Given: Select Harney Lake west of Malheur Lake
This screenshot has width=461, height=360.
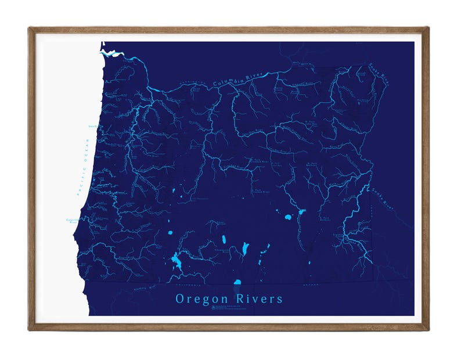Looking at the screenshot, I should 287,218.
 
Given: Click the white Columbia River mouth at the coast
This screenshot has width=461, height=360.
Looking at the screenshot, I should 111,53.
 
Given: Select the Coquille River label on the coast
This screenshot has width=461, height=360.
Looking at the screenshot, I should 72,221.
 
